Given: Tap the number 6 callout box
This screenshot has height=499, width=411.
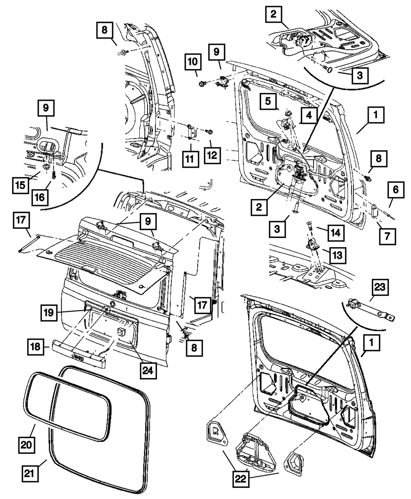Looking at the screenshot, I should [x=395, y=190].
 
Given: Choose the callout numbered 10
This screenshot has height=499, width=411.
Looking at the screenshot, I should [x=193, y=62].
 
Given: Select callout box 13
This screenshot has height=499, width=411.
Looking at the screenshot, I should [x=337, y=255].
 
